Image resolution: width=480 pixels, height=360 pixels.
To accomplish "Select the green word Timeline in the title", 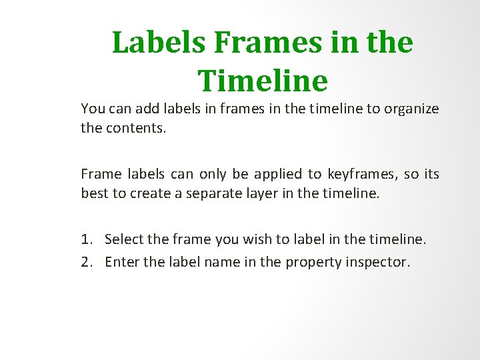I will tap(263, 81).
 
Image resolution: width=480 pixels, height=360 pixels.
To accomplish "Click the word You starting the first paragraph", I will tap(93, 108).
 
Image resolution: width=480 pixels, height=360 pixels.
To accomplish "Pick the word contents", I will tap(136, 127).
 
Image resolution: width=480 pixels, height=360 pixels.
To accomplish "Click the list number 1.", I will tap(87, 239).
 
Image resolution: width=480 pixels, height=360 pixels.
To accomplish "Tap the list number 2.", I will tap(87, 262).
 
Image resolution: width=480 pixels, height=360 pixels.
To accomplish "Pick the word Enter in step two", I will tap(121, 262).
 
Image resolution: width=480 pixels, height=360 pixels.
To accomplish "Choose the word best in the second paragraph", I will tap(94, 193).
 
